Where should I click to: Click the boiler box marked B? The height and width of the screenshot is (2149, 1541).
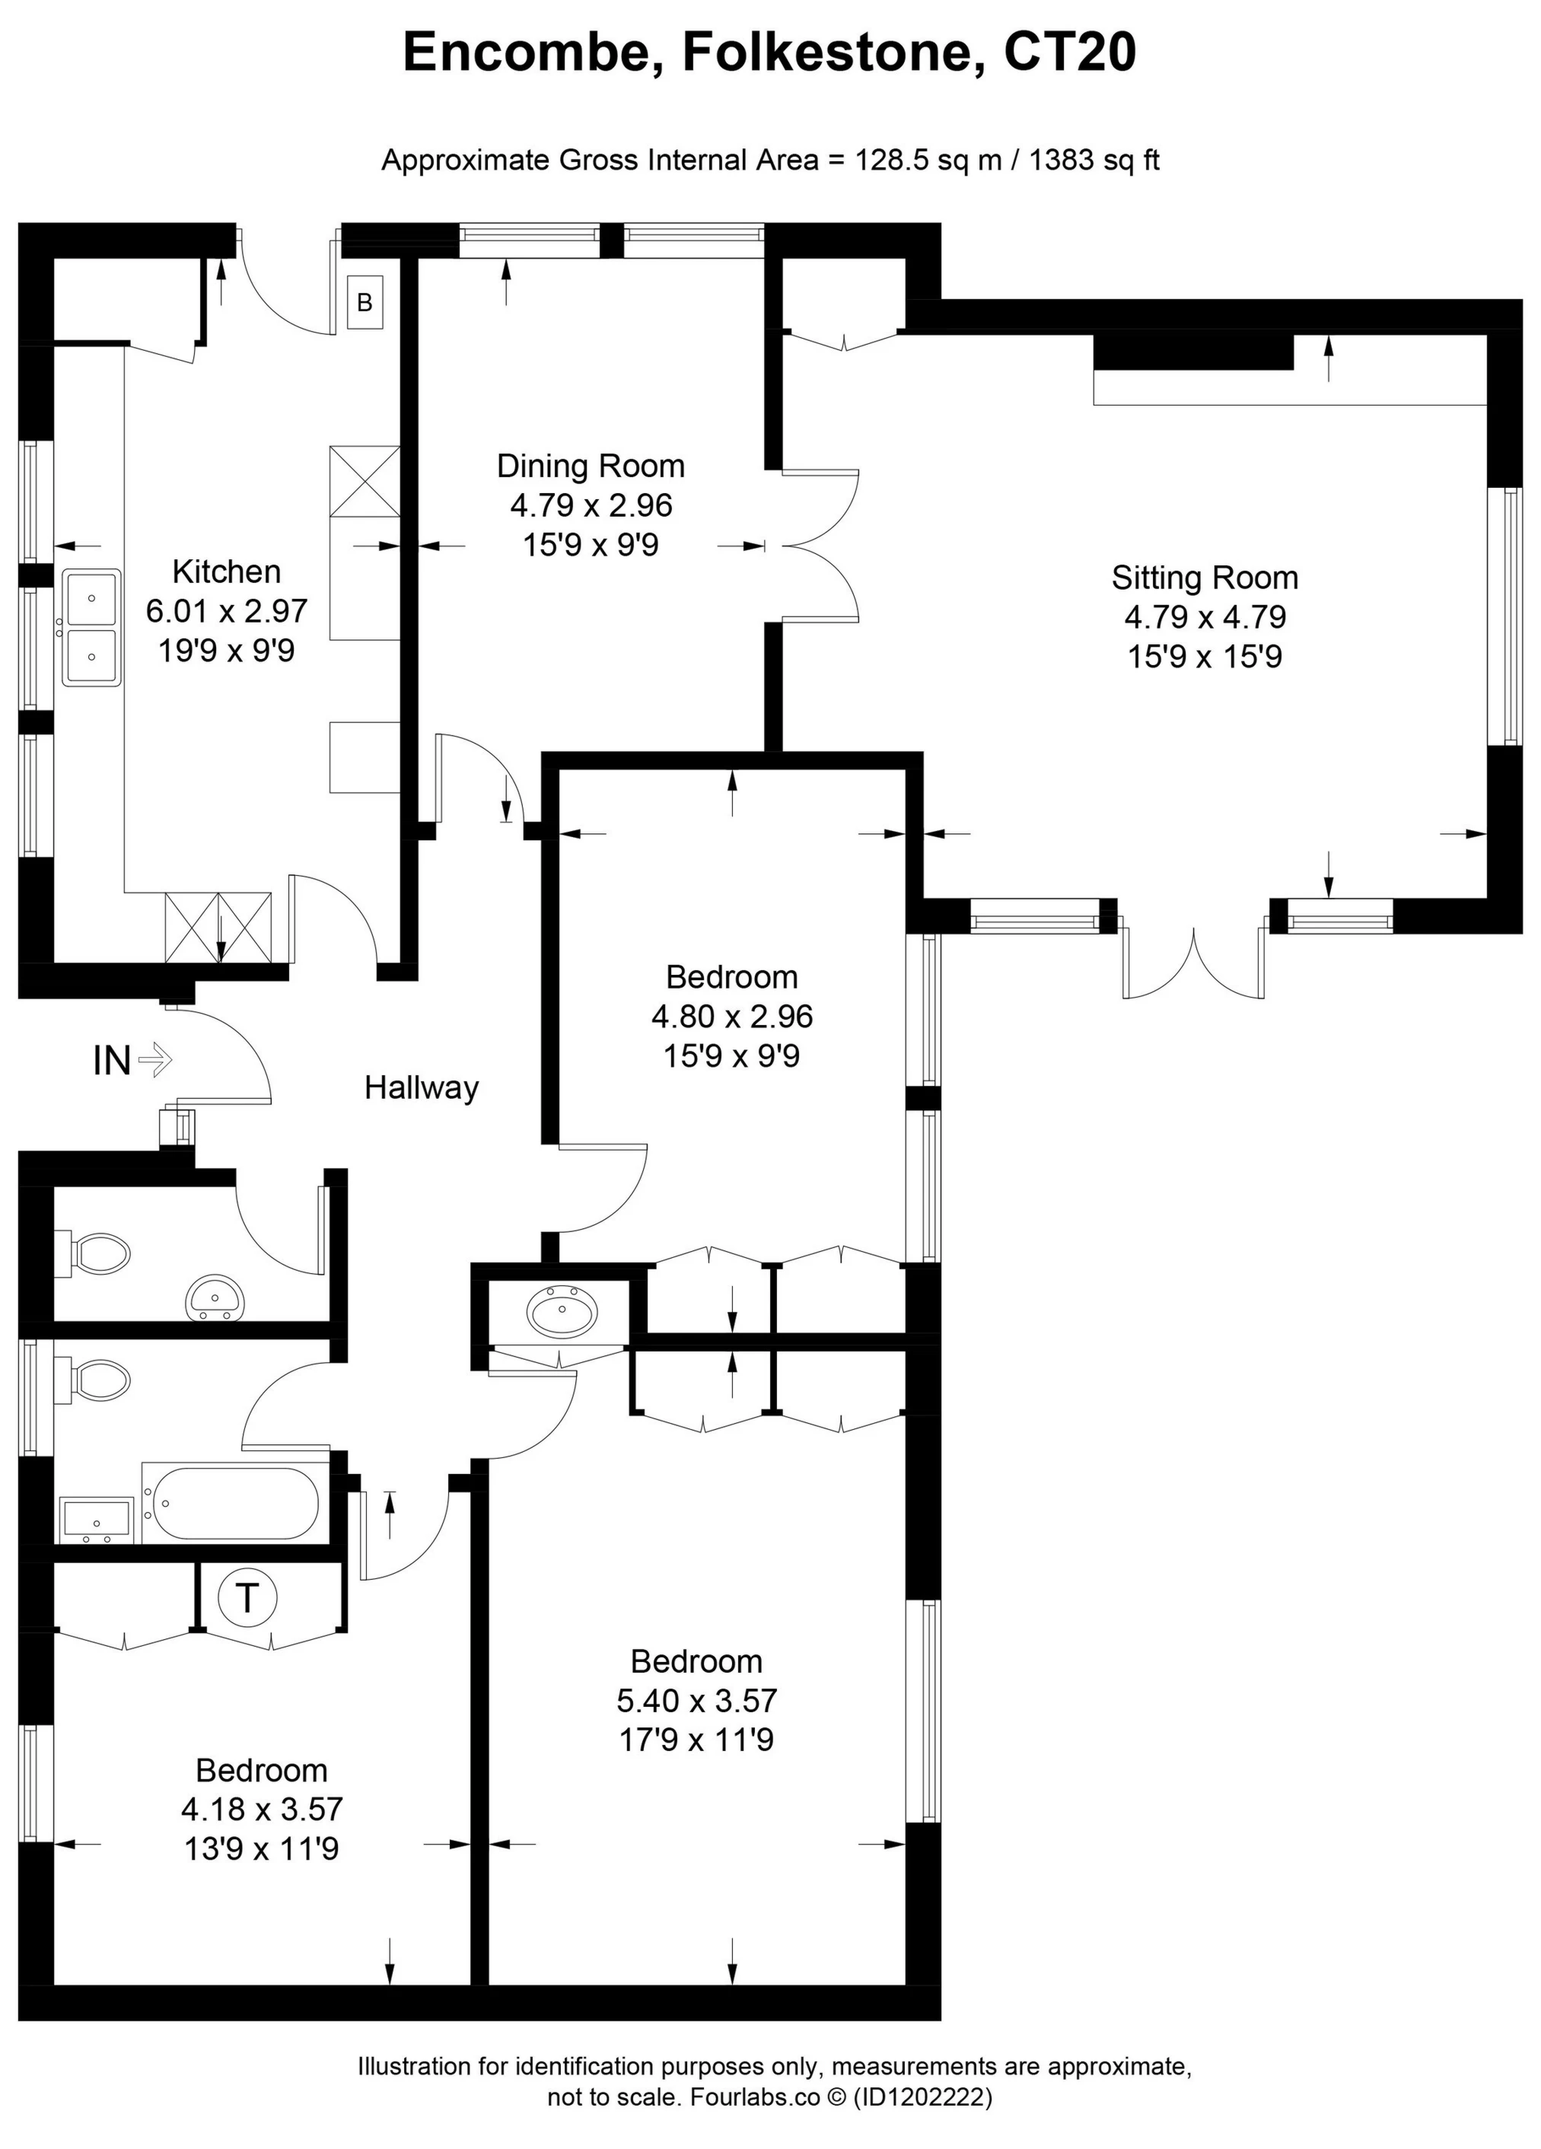tap(365, 302)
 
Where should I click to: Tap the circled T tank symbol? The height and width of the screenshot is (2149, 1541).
tap(247, 1597)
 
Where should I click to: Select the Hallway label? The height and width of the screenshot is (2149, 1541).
tap(421, 1087)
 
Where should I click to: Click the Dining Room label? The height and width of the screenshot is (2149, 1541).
tap(591, 466)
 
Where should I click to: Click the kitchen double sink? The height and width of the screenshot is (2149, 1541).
tap(91, 626)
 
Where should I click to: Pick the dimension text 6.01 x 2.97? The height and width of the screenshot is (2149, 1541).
tap(227, 611)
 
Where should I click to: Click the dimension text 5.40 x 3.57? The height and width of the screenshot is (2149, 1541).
tap(696, 1700)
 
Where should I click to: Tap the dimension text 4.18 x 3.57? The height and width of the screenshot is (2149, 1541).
tap(262, 1809)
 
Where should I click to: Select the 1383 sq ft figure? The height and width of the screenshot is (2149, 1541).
tap(1094, 160)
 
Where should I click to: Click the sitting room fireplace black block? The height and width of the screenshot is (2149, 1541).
tap(1192, 352)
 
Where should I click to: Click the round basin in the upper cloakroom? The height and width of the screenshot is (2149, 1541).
tap(215, 1296)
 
